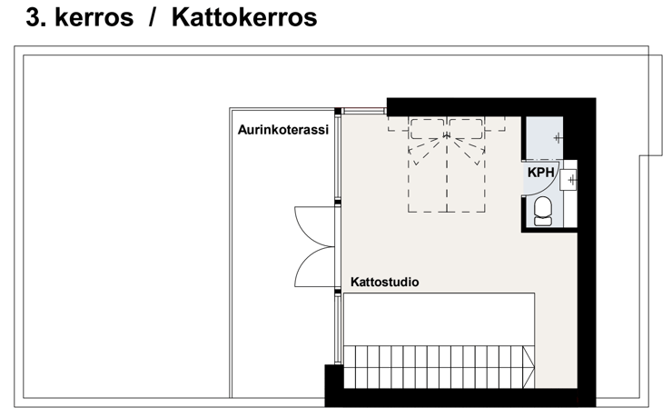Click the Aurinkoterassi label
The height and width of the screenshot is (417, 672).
[x=283, y=129]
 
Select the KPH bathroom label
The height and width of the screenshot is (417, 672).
[x=541, y=173]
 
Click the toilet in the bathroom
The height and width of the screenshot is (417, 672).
[x=543, y=211]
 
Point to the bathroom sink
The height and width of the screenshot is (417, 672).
[x=568, y=180]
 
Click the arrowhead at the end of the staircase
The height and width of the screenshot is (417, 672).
[x=529, y=367]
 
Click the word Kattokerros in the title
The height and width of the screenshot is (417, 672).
[x=244, y=17]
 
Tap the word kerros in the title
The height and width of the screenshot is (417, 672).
[x=94, y=17]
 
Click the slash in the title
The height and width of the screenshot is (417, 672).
[x=153, y=17]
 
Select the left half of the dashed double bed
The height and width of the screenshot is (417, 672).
[x=428, y=165]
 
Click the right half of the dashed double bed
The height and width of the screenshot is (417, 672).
[x=466, y=165]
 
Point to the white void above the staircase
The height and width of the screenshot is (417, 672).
[x=439, y=319]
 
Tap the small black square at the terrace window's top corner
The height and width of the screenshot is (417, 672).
[x=338, y=112]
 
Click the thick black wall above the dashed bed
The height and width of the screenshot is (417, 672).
[x=454, y=107]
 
